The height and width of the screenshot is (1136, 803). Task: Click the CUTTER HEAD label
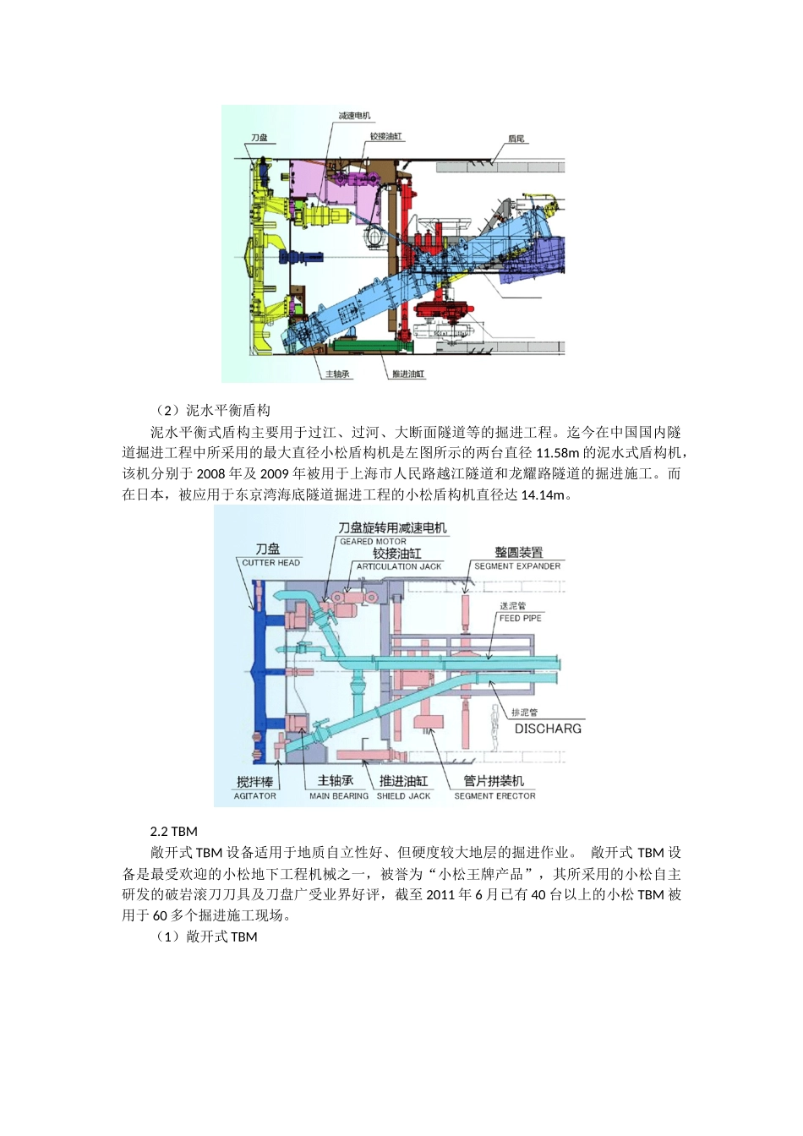pyautogui.click(x=270, y=563)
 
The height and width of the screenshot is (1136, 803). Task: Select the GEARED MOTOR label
pyautogui.click(x=373, y=542)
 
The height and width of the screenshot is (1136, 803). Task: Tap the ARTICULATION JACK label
pyautogui.click(x=399, y=567)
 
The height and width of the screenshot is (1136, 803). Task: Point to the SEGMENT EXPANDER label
pyautogui.click(x=517, y=566)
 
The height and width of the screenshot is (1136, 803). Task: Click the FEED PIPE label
pyautogui.click(x=520, y=619)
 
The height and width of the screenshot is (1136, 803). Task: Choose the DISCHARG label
pyautogui.click(x=548, y=729)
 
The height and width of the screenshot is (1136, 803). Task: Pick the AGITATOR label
pyautogui.click(x=254, y=796)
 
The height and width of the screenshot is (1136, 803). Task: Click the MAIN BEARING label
pyautogui.click(x=338, y=796)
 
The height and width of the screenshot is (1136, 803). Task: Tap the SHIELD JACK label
pyautogui.click(x=403, y=796)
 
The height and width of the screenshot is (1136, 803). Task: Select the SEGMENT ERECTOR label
pyautogui.click(x=494, y=796)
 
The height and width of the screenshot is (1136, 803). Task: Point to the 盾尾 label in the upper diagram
pyautogui.click(x=516, y=139)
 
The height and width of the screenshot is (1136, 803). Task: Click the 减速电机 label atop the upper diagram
pyautogui.click(x=354, y=116)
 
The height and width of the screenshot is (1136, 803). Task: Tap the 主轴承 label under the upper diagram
pyautogui.click(x=337, y=374)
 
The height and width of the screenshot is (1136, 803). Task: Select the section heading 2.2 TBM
pyautogui.click(x=173, y=832)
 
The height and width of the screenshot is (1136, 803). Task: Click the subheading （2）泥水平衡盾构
pyautogui.click(x=212, y=411)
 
